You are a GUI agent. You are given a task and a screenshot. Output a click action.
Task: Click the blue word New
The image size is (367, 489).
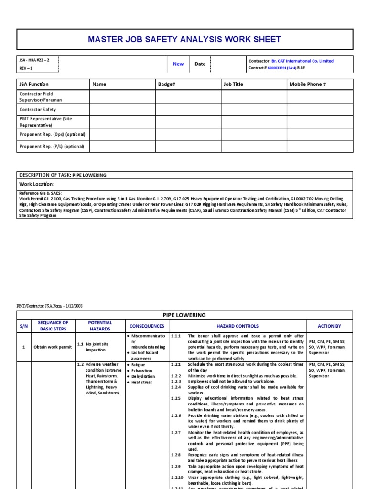178,64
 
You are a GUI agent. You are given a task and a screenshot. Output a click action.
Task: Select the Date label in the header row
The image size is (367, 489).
200,64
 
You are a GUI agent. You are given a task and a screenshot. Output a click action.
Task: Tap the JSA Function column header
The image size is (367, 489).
33,84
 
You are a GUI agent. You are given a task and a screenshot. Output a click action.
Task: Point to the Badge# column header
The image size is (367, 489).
167,84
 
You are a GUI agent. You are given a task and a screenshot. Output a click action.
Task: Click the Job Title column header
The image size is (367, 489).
233,84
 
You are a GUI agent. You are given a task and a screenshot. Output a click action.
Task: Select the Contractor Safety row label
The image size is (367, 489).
38,109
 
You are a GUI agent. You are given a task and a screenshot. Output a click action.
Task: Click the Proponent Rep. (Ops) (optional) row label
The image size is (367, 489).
52,135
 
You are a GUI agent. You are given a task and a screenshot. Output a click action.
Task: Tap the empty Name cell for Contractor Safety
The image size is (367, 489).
122,109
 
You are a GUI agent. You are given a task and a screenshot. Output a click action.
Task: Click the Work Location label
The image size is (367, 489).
37,184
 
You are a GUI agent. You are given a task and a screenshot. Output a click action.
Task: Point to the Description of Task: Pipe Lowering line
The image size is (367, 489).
63,175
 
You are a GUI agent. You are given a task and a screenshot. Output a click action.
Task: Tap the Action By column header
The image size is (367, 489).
329,326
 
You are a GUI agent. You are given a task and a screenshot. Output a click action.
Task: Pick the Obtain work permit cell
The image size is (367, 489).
53,347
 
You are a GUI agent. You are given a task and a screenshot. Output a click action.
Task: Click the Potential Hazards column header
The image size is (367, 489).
100,326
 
